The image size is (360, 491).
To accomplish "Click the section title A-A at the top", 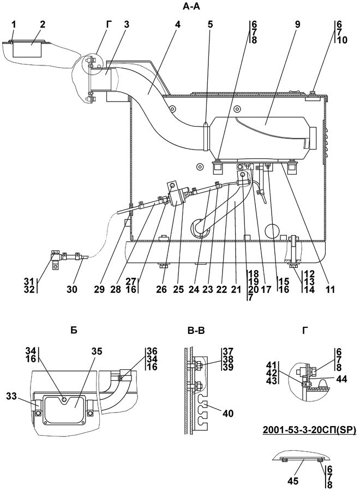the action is click(191, 7).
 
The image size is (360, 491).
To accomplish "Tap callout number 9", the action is click(297, 25).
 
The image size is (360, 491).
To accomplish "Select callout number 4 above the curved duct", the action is click(177, 25).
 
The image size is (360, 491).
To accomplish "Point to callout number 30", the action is click(71, 289).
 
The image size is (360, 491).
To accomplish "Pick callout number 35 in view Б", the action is click(97, 351).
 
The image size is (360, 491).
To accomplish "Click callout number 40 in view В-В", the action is click(228, 414).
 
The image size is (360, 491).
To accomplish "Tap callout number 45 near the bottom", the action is click(293, 480).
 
